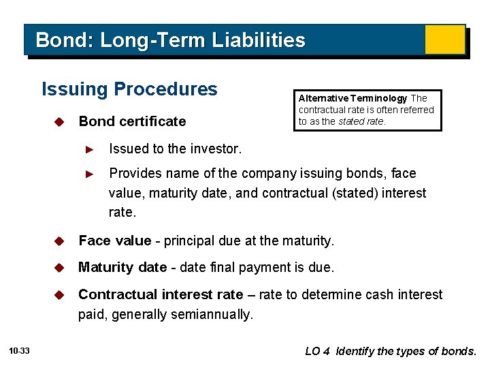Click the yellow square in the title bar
click(x=444, y=40)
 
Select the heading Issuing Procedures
click(x=129, y=89)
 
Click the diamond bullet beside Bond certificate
click(x=59, y=122)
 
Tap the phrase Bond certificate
click(x=132, y=122)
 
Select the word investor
click(x=219, y=149)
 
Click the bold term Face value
click(x=114, y=241)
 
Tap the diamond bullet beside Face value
click(x=59, y=241)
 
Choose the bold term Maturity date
click(x=122, y=267)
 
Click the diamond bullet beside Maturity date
click(x=59, y=268)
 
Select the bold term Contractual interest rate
click(x=161, y=294)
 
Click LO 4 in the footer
click(x=317, y=352)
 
